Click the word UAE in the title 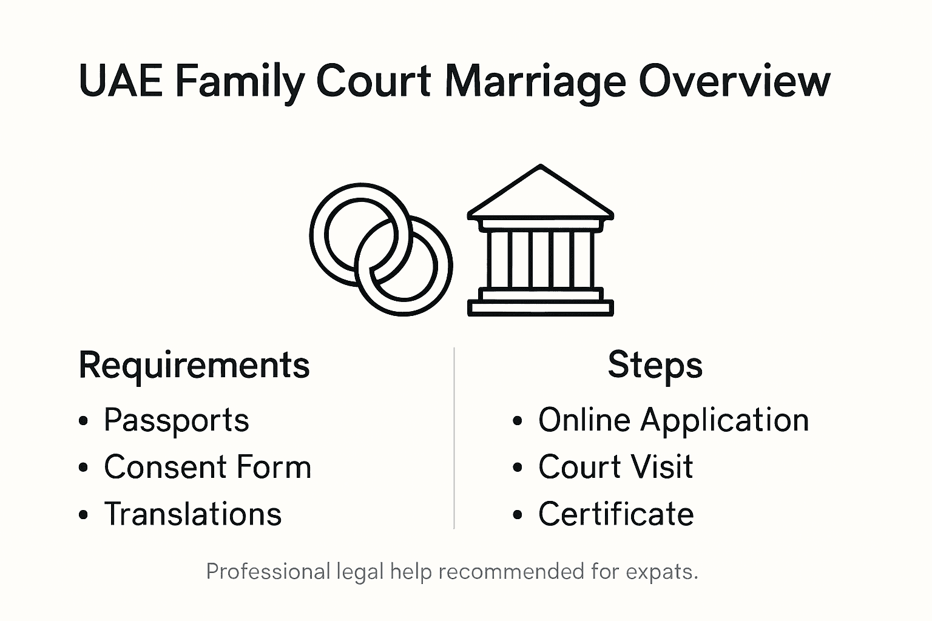click(x=121, y=81)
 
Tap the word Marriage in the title click(x=535, y=82)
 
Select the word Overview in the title click(x=734, y=81)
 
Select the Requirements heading click(x=194, y=366)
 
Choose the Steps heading click(x=655, y=366)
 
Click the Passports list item click(x=176, y=420)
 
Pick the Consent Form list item click(x=208, y=468)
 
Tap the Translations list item click(x=192, y=514)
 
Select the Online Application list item click(x=674, y=420)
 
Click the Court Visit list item click(x=615, y=468)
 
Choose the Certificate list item click(x=616, y=514)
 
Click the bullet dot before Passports click(x=84, y=421)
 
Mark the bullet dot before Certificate click(x=518, y=515)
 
